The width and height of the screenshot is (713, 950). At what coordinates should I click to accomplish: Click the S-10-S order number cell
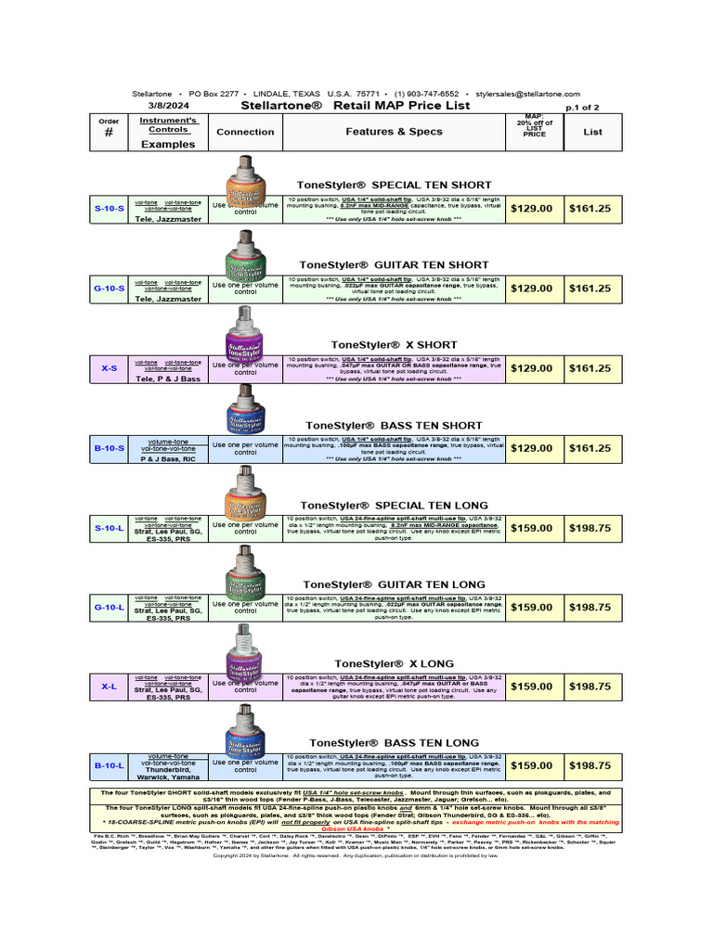click(109, 209)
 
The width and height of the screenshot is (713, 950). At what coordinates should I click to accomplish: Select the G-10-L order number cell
click(109, 607)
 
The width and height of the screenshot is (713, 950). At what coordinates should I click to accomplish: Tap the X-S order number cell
click(109, 368)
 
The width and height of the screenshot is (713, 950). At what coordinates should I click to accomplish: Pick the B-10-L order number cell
click(109, 766)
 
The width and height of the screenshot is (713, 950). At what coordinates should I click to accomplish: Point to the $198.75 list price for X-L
click(590, 687)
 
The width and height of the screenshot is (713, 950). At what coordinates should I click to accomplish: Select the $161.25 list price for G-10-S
click(590, 289)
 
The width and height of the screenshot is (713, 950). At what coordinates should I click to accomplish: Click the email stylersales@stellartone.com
click(527, 94)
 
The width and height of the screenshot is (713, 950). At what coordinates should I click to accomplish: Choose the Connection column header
click(245, 132)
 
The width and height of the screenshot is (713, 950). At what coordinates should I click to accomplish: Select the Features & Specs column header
click(395, 132)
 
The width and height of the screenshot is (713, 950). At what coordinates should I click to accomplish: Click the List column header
click(592, 132)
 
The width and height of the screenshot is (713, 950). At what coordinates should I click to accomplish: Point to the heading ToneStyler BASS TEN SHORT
click(394, 425)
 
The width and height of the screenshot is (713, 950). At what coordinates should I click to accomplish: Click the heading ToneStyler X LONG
click(394, 663)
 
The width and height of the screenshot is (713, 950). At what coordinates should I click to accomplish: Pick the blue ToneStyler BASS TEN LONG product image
click(246, 738)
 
